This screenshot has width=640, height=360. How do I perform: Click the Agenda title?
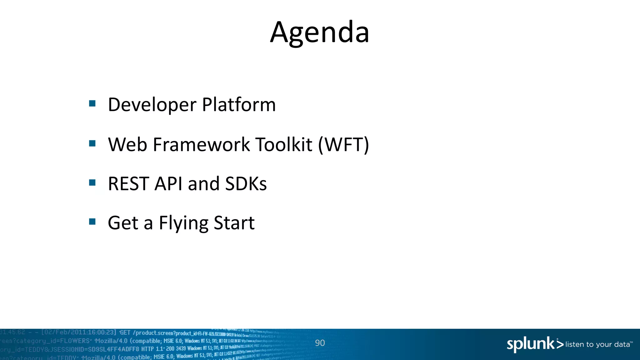(x=320, y=32)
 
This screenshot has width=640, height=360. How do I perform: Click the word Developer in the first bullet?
(x=152, y=105)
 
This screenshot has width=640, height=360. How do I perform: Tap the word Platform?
(x=239, y=104)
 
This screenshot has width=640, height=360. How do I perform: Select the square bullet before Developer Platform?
(x=92, y=103)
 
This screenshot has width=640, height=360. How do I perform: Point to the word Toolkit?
(x=283, y=145)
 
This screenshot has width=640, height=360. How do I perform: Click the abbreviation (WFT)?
(x=343, y=145)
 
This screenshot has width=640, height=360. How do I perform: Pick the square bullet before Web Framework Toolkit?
(x=92, y=143)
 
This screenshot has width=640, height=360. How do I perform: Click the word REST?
(x=128, y=184)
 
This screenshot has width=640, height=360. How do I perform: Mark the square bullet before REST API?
(x=92, y=182)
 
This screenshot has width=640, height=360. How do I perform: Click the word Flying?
(x=183, y=223)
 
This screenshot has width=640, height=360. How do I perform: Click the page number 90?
(x=320, y=343)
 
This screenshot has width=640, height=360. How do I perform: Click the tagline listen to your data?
(x=597, y=344)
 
